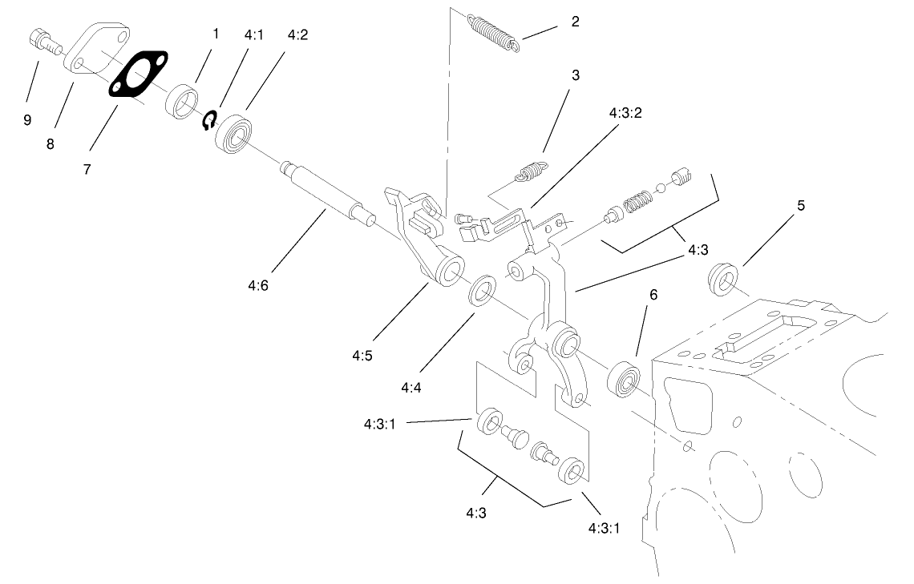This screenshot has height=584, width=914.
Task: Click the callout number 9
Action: [27, 119]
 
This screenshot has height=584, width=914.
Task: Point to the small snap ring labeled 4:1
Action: [209, 120]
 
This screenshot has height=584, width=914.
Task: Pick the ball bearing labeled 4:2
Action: [236, 131]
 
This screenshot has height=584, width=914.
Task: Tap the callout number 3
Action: [575, 75]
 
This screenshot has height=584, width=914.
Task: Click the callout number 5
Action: [800, 205]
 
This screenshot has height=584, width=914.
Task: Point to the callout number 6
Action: [653, 295]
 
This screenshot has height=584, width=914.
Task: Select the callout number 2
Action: [575, 22]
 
